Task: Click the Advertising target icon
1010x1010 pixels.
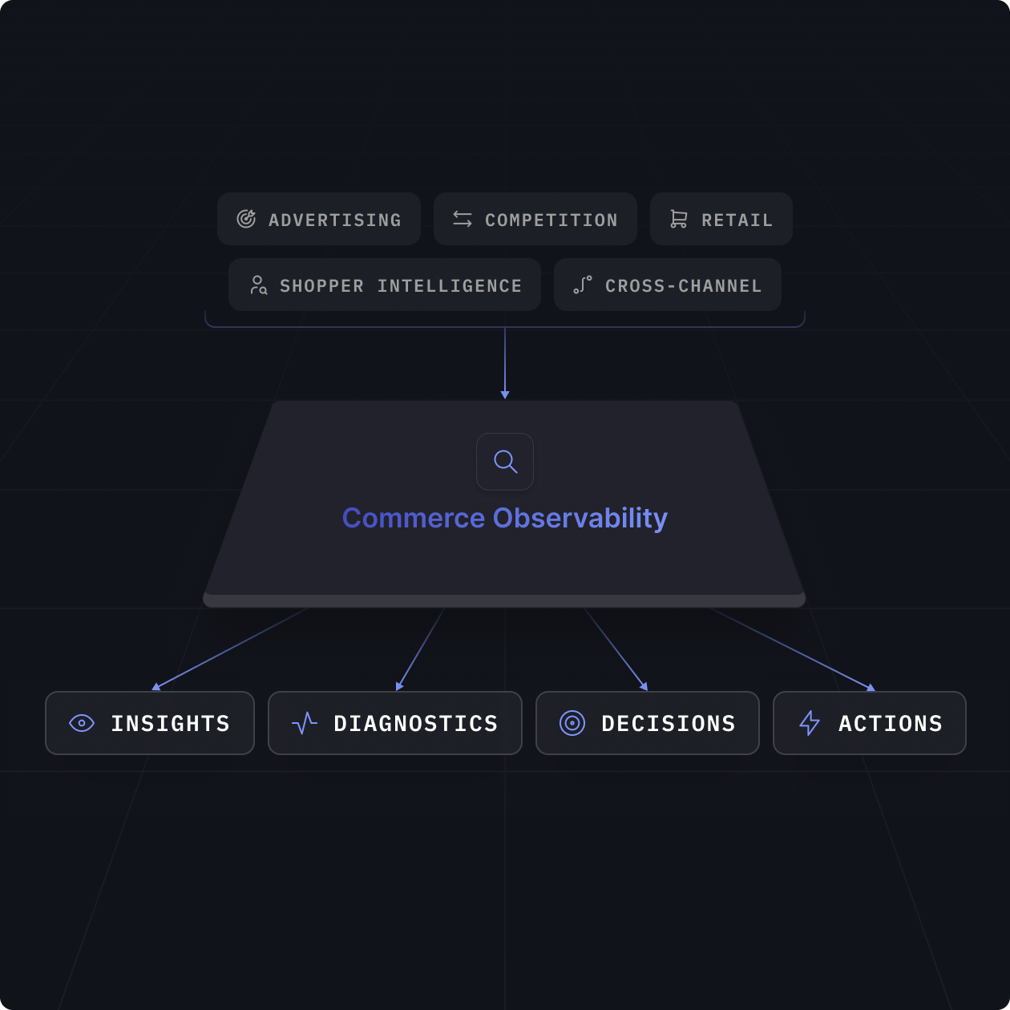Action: [x=246, y=219]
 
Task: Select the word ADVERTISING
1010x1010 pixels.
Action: [x=334, y=220]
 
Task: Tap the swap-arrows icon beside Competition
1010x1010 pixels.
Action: [x=463, y=219]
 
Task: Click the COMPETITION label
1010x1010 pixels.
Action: [x=551, y=220]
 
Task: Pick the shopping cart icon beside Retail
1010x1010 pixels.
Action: [x=679, y=219]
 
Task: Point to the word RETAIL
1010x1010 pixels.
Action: [x=737, y=220]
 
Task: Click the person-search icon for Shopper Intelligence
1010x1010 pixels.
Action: [x=258, y=285]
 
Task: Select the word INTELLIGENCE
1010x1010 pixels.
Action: [x=449, y=286]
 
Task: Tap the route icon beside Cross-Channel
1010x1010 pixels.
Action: [x=583, y=285]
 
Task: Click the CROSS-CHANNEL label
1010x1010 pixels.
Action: [x=683, y=286]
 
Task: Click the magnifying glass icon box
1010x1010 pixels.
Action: [x=505, y=462]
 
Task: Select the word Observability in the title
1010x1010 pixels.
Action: [x=580, y=519]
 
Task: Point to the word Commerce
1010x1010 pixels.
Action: [x=414, y=519]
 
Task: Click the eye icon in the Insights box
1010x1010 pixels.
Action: [x=82, y=723]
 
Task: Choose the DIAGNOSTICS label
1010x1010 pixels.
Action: [x=415, y=724]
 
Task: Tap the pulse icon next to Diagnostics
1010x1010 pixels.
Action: [x=305, y=723]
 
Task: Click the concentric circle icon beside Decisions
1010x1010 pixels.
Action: [x=572, y=723]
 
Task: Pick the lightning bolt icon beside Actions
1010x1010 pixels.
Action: [x=810, y=723]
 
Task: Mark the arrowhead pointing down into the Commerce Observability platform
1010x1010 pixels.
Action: [x=505, y=394]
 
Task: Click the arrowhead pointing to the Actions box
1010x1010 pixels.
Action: [x=871, y=688]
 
